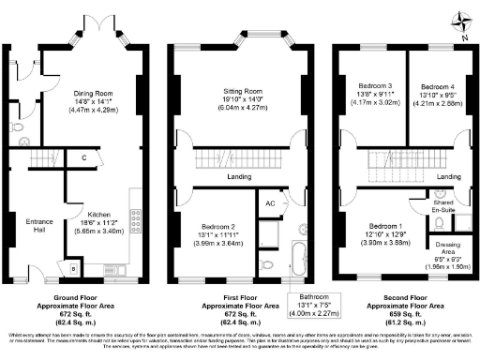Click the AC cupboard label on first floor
click(270, 203)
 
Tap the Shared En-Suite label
click(444, 208)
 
